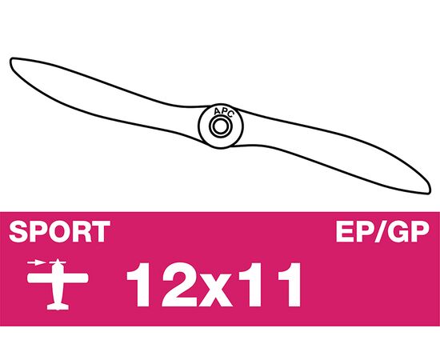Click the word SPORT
click(59, 232)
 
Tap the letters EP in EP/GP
click(354, 232)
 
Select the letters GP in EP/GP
click(409, 232)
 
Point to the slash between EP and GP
click(380, 232)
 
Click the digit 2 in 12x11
click(179, 285)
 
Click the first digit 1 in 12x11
click(141, 285)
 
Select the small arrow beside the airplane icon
click(37, 263)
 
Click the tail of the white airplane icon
click(58, 306)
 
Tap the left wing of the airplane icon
click(40, 278)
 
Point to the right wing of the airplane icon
click(76, 278)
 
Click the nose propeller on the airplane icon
click(58, 262)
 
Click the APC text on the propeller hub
click(223, 112)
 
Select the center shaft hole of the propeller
click(221, 126)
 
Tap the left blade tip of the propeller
click(11, 60)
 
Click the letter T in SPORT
click(101, 232)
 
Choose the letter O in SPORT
click(59, 232)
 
